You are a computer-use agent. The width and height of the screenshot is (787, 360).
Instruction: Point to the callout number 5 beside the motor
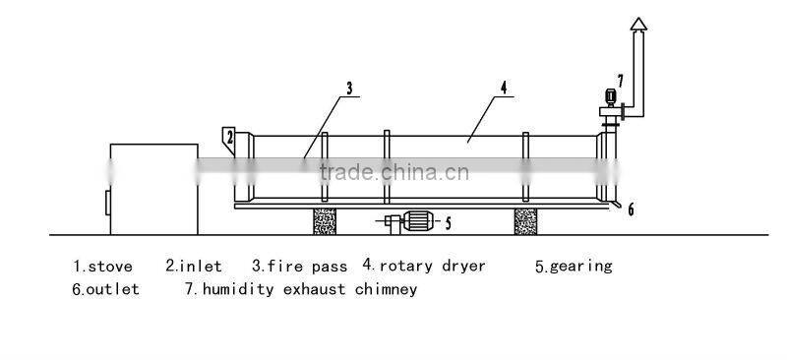(448, 223)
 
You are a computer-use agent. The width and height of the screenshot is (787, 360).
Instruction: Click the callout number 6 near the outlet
(631, 209)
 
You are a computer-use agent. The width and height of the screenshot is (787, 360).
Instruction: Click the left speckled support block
(325, 219)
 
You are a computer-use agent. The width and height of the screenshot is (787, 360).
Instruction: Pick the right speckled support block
(527, 219)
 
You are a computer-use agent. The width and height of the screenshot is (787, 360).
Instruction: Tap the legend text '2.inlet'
(193, 266)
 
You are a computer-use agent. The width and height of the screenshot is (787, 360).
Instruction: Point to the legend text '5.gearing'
(574, 266)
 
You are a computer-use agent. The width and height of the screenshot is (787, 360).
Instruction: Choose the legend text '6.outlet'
(105, 289)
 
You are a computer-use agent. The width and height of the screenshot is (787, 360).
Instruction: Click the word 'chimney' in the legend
(387, 289)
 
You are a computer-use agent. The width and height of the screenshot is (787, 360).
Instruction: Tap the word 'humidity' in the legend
(237, 289)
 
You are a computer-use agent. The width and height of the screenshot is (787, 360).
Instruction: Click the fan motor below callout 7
(610, 97)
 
